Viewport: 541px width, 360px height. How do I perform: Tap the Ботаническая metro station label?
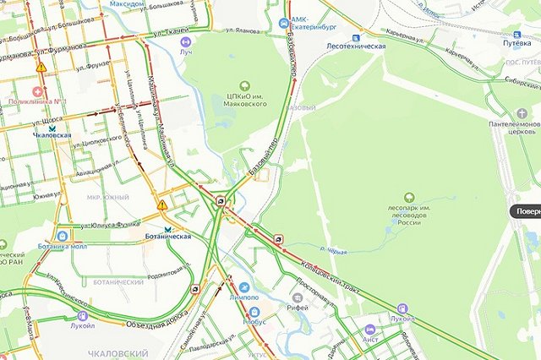pyautogui.click(x=168, y=237)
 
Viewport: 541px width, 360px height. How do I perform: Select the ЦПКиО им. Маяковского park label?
pyautogui.click(x=244, y=98)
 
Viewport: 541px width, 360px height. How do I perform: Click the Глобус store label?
pyautogui.click(x=253, y=322)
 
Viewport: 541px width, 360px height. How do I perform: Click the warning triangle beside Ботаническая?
pyautogui.click(x=162, y=205)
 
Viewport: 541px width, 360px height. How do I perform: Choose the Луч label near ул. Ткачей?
pyautogui.click(x=186, y=51)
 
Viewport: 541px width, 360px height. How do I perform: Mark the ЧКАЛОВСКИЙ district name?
pyautogui.click(x=118, y=352)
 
